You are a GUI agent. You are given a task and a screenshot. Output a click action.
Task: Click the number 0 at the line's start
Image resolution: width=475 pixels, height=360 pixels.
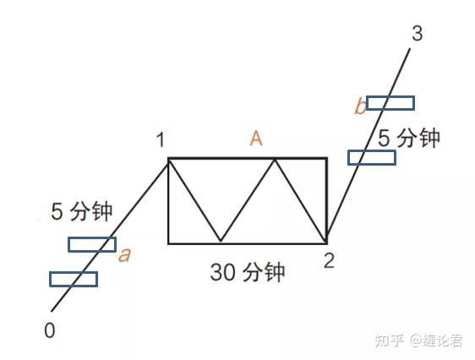click(50, 330)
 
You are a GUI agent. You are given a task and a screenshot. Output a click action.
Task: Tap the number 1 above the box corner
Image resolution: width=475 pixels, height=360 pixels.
click(161, 140)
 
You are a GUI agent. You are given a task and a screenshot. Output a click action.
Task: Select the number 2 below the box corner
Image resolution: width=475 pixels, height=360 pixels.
click(329, 260)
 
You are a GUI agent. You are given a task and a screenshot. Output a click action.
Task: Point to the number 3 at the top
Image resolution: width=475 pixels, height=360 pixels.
click(418, 33)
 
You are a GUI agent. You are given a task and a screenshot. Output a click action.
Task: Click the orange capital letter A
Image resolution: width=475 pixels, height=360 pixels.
click(256, 139)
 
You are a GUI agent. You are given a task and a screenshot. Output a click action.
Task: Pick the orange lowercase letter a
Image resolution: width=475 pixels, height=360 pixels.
click(124, 255)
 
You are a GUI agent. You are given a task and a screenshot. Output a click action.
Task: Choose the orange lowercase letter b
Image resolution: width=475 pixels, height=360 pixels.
click(360, 106)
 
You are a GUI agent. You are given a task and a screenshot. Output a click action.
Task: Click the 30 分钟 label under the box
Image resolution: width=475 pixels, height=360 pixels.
click(248, 272)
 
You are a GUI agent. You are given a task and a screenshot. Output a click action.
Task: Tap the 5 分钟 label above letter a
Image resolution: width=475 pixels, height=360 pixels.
click(82, 211)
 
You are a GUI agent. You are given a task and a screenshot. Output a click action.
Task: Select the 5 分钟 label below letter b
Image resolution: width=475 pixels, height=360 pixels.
click(409, 138)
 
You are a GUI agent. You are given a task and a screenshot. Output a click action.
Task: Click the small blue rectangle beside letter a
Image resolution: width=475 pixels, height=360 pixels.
click(92, 244)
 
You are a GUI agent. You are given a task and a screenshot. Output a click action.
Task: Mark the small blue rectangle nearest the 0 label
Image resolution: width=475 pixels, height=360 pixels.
click(74, 279)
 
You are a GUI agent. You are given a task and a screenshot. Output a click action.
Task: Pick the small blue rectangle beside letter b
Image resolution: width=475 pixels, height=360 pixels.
click(390, 103)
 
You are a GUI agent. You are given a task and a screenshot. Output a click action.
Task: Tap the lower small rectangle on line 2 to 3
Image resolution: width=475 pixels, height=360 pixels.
click(372, 158)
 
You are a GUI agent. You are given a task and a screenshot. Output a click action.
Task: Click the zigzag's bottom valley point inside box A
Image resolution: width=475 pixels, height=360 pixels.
click(221, 242)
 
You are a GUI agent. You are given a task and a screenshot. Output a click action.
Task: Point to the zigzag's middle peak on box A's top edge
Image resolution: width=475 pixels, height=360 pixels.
click(275, 159)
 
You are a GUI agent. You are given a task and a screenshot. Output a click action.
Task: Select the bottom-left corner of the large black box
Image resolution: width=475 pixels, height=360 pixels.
click(168, 243)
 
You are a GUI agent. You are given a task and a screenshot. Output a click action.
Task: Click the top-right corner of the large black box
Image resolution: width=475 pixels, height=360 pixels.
click(327, 158)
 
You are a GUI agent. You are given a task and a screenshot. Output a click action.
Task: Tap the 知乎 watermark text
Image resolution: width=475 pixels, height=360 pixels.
click(390, 341)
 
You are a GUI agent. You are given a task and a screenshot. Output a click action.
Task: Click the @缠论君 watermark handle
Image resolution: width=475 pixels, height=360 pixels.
click(436, 341)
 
